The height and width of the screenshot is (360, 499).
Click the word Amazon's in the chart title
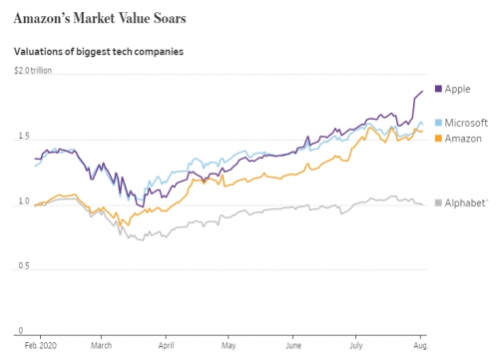click(42, 18)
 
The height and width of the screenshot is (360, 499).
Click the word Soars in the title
click(170, 18)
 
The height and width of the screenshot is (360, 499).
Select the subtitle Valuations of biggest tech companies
click(99, 52)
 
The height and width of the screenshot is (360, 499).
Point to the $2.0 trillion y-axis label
click(33, 71)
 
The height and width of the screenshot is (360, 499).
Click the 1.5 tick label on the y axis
click(24, 136)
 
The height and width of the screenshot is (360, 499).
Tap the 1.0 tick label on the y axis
click(24, 201)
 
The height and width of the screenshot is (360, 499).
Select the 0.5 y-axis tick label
click(24, 266)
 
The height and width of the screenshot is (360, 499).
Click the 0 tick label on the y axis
click(21, 330)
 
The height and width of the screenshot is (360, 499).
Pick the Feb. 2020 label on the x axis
click(41, 346)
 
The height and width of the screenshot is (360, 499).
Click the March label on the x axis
click(101, 346)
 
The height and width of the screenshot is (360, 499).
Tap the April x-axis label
click(166, 346)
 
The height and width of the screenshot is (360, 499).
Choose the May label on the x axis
click(229, 346)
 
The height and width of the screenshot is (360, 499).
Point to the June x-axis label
click(293, 346)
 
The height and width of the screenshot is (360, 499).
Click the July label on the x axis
click(356, 346)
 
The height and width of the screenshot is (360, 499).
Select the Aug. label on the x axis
click(421, 346)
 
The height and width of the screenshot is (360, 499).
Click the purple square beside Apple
click(438, 89)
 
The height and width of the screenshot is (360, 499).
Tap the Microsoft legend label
click(466, 123)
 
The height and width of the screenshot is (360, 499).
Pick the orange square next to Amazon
click(438, 139)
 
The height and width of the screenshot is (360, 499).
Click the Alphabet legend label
click(465, 202)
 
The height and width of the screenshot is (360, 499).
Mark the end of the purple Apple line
click(423, 91)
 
